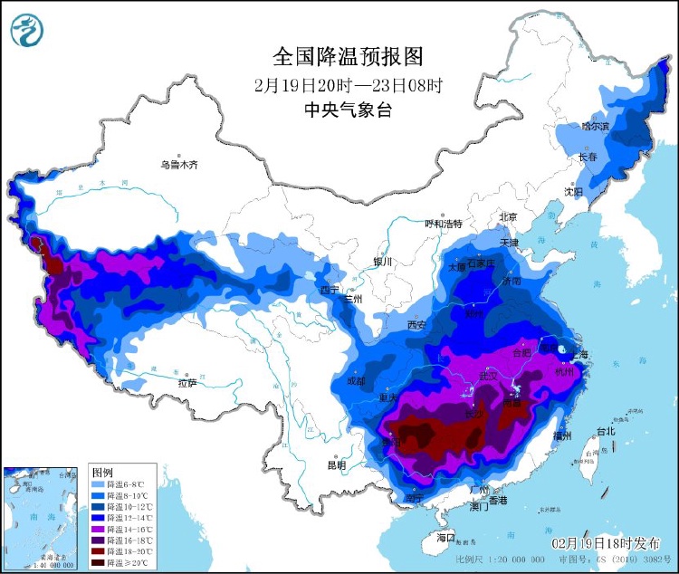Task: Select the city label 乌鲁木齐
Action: [x=178, y=165]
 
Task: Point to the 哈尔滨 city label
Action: [x=596, y=126]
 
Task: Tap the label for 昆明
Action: [x=336, y=465]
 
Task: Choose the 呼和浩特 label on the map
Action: [x=444, y=224]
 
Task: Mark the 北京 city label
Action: [x=507, y=217]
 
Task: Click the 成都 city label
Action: [x=355, y=381]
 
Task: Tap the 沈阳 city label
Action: [x=573, y=191]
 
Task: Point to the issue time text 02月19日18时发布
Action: [x=606, y=542]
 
